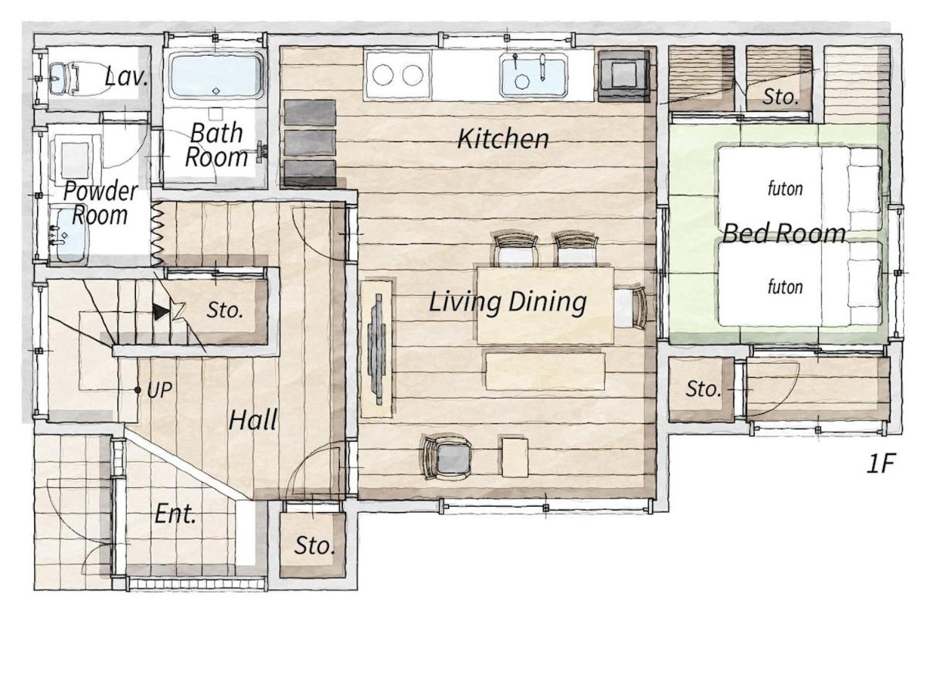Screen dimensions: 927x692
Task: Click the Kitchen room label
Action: [503, 139]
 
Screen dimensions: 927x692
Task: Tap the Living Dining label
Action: [508, 302]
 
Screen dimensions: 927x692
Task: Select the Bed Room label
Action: [784, 232]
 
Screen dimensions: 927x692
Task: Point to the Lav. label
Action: [126, 76]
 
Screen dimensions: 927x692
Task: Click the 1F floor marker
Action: [881, 463]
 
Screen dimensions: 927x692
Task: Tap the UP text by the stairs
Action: [159, 390]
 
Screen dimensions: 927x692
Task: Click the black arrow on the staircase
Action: [160, 312]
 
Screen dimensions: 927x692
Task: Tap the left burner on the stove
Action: [382, 75]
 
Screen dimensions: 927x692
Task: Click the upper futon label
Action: [785, 188]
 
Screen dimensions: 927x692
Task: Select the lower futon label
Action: [785, 287]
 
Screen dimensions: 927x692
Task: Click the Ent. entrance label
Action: [175, 514]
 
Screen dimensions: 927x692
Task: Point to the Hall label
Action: [253, 420]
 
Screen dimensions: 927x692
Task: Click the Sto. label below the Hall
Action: [314, 545]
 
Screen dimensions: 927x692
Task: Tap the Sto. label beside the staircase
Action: [225, 310]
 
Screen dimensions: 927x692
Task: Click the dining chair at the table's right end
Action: [630, 308]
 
